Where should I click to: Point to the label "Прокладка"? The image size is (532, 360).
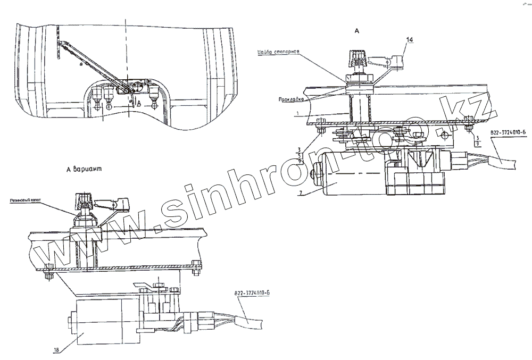point(290,99)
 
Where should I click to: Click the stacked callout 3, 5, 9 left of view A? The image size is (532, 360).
point(302,155)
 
